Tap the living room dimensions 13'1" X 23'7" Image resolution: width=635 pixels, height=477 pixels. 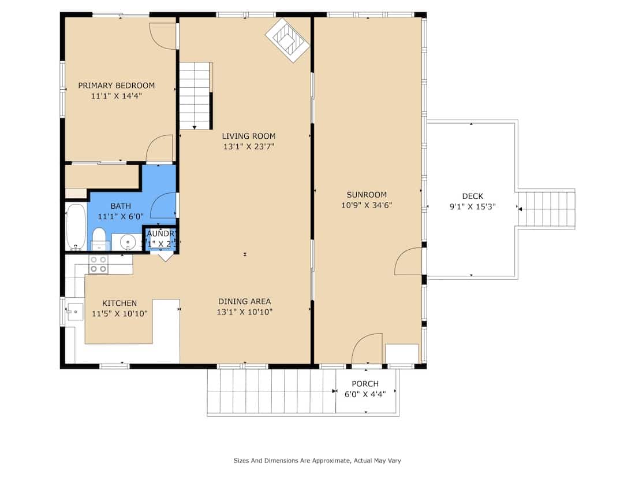[249, 147]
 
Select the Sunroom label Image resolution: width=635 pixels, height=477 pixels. [367, 195]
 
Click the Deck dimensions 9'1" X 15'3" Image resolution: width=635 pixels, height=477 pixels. [473, 206]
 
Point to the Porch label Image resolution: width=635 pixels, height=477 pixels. [365, 384]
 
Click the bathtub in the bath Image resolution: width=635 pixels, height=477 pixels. [76, 226]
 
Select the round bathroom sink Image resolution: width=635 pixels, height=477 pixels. [125, 241]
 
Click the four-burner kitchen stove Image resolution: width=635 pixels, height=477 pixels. [98, 264]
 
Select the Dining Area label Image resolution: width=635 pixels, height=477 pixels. [244, 301]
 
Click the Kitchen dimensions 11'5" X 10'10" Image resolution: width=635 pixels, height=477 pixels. [120, 313]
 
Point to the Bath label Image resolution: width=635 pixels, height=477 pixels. [121, 206]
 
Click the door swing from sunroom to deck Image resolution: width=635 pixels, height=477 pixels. [409, 261]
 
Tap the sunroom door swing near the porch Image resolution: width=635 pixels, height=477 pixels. [368, 348]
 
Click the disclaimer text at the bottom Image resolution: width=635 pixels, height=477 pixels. [317, 461]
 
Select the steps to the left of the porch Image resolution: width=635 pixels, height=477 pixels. [271, 391]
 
